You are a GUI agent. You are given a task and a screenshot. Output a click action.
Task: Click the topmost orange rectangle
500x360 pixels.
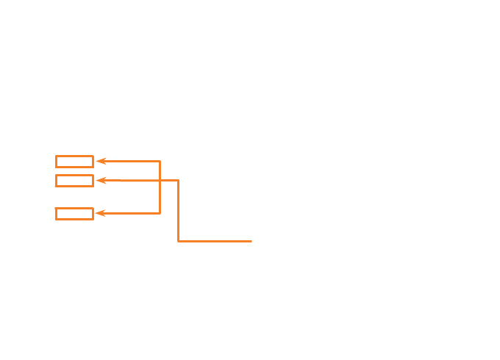click(x=74, y=162)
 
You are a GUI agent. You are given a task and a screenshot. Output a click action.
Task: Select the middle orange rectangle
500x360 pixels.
click(x=74, y=181)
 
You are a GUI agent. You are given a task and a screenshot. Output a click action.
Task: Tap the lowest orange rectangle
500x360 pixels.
click(x=74, y=214)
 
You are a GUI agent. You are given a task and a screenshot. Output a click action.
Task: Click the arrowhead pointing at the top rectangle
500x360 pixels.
click(x=100, y=161)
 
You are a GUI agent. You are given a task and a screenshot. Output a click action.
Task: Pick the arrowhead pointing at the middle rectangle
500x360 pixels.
click(x=100, y=180)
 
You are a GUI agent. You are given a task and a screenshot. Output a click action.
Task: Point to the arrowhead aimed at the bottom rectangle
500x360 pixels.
click(x=100, y=213)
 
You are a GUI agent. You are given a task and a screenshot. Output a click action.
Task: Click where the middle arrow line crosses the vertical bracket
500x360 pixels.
click(x=160, y=180)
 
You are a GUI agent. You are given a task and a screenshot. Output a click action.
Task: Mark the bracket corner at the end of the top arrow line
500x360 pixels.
click(x=160, y=161)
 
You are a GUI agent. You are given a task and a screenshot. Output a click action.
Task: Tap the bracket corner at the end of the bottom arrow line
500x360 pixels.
click(x=160, y=213)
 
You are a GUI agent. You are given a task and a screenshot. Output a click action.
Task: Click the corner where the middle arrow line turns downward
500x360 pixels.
click(x=178, y=180)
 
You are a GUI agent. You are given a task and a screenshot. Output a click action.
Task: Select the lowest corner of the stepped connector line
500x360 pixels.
click(x=178, y=240)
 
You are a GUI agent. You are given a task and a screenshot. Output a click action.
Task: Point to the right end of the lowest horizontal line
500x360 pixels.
click(x=251, y=240)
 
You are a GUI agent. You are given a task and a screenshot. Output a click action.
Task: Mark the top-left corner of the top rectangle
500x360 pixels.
click(x=56, y=156)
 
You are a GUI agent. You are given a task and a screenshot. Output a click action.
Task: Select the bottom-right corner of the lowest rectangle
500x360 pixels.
click(x=93, y=219)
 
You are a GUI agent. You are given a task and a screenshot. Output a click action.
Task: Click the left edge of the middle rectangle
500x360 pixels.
click(x=56, y=181)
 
